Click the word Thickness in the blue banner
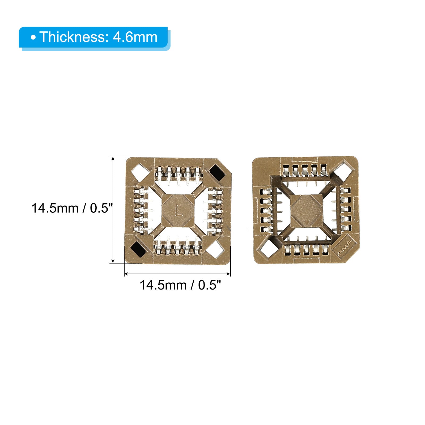tap(73, 37)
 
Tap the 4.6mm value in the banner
tap(135, 37)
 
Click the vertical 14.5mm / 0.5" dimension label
tap(72, 208)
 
